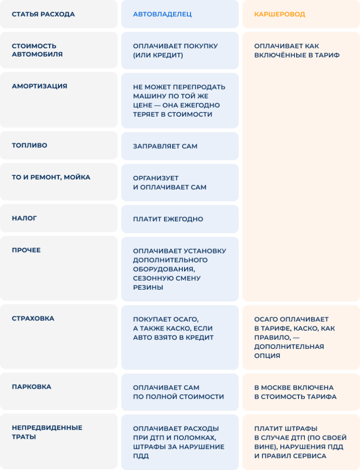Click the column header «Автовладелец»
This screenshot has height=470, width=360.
pyautogui.click(x=162, y=14)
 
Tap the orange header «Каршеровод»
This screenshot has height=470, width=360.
pyautogui.click(x=280, y=14)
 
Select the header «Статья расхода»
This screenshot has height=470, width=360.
pyautogui.click(x=43, y=14)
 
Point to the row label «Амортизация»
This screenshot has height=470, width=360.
pyautogui.click(x=39, y=86)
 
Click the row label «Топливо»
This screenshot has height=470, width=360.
pyautogui.click(x=29, y=145)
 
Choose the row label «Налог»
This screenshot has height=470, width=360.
pyautogui.click(x=24, y=218)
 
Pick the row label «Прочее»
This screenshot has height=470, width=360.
pyautogui.click(x=26, y=250)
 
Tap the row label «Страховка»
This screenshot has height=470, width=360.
pyautogui.click(x=33, y=319)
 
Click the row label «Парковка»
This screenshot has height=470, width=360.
pyautogui.click(x=32, y=386)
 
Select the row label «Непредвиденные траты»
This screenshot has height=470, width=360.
pyautogui.click(x=47, y=432)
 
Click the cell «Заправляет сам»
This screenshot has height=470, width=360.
pyautogui.click(x=165, y=146)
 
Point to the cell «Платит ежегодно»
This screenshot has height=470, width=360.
pyautogui.click(x=168, y=219)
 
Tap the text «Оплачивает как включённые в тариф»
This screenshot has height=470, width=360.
pyautogui.click(x=297, y=50)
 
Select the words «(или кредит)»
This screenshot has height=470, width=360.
pyautogui.click(x=158, y=56)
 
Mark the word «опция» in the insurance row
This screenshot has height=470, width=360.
pyautogui.click(x=267, y=356)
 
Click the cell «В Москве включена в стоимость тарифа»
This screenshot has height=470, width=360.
pyautogui.click(x=296, y=392)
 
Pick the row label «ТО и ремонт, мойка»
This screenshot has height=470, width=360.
pyautogui.click(x=51, y=177)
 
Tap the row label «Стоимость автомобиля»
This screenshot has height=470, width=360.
pyautogui.click(x=37, y=50)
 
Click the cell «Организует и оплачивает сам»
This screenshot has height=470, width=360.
pyautogui.click(x=170, y=183)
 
